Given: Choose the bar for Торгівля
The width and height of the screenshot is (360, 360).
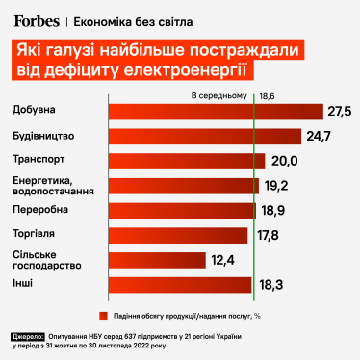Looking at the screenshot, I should pyautogui.click(x=177, y=234).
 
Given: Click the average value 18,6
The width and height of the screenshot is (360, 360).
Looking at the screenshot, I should pyautogui.click(x=267, y=97).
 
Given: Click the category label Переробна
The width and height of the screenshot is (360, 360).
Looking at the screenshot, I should pyautogui.click(x=40, y=209).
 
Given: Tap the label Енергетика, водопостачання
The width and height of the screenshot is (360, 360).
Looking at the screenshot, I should pyautogui.click(x=47, y=185).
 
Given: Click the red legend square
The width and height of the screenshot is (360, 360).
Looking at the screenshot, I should pyautogui.click(x=100, y=314).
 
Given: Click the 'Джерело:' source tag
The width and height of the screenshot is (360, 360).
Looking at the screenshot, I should pyautogui.click(x=33, y=337).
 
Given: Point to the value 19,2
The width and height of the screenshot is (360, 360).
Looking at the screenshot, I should pyautogui.click(x=277, y=185).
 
